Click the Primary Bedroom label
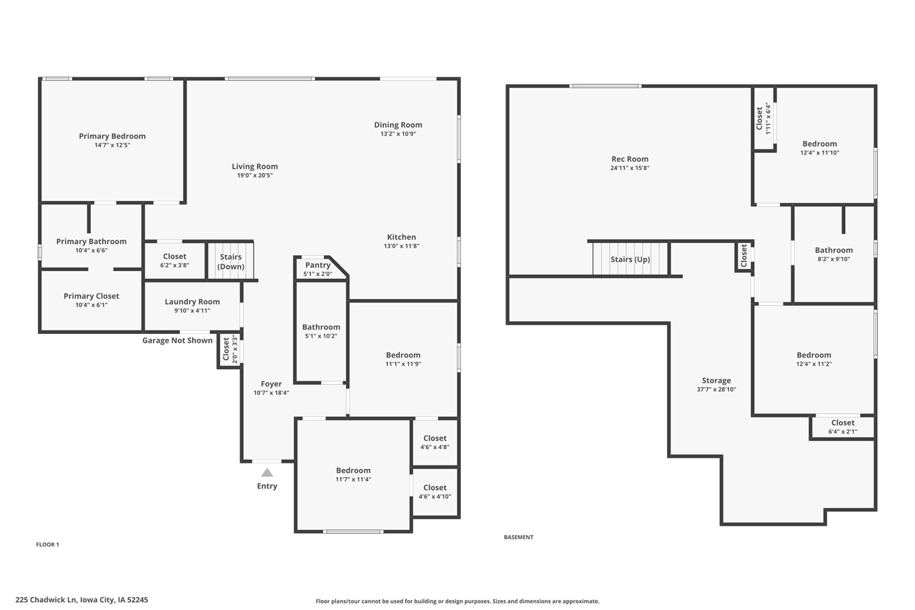click(112, 136)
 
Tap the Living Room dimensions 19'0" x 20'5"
click(254, 175)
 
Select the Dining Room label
click(398, 124)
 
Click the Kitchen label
click(401, 237)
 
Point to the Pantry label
click(318, 265)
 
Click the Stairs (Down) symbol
click(230, 261)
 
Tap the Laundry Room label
click(192, 302)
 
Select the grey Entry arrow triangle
click(267, 472)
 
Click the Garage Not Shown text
click(177, 340)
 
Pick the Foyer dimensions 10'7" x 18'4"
click(271, 393)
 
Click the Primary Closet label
click(91, 296)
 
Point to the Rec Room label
click(630, 159)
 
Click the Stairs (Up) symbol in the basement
click(630, 259)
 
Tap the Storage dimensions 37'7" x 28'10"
click(716, 389)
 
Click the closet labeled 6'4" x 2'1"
click(842, 426)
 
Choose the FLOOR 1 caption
click(47, 544)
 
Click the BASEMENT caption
click(518, 537)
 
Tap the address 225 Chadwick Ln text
click(81, 600)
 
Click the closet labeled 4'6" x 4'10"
click(435, 491)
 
